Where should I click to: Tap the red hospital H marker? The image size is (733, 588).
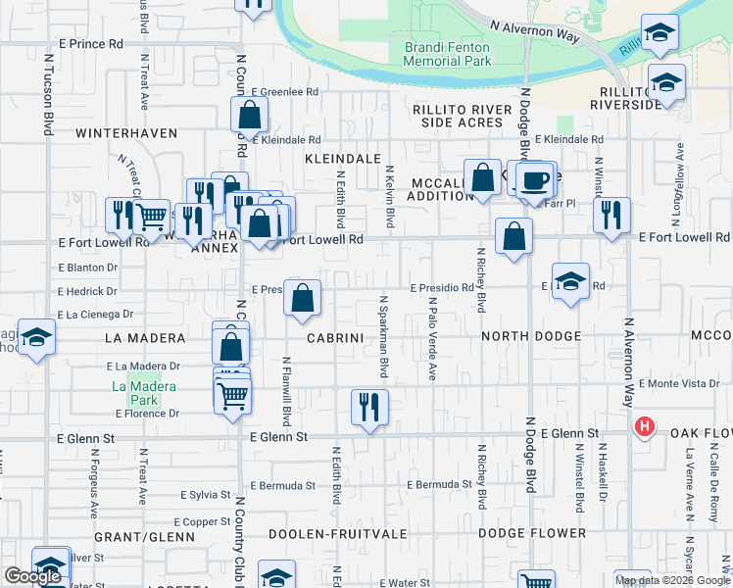644,426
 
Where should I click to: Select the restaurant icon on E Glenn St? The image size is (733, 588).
369,407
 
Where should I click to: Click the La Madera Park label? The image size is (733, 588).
143,394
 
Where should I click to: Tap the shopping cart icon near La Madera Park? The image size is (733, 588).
231,396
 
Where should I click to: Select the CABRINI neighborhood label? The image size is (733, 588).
335,337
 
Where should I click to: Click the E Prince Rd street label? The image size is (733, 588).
90,44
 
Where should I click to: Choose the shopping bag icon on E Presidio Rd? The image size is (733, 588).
303,296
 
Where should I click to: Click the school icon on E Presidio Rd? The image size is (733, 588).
570,282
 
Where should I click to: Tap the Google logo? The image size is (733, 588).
32,576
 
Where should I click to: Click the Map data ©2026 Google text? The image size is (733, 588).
672,580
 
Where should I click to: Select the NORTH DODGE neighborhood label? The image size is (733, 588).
530,336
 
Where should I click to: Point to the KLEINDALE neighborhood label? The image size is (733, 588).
342,157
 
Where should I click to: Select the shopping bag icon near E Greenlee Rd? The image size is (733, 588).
250,115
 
